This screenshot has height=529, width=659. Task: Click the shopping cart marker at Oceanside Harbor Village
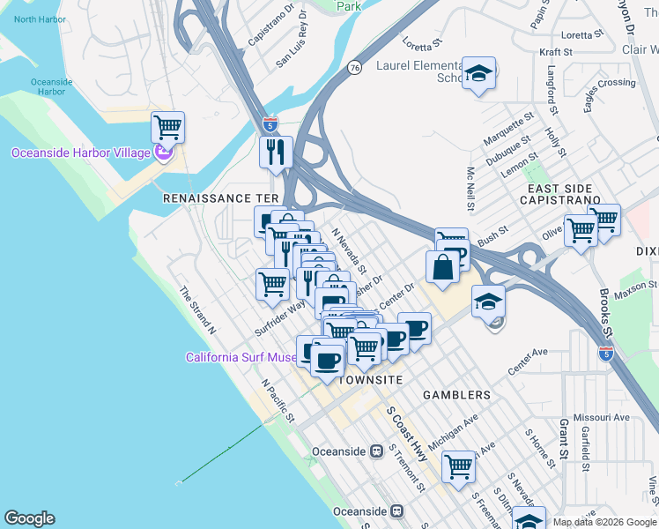point(167,128)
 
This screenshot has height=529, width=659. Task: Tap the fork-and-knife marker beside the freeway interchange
point(276,152)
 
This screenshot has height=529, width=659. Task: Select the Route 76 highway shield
point(353,67)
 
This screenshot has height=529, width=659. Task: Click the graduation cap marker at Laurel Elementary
point(478,75)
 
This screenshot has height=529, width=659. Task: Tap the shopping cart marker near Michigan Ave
point(459,466)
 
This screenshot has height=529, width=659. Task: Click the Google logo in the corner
point(29,518)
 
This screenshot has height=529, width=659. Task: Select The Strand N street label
point(198,310)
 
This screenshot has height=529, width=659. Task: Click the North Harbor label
point(39,19)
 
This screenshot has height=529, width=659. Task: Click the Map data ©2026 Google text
point(604,522)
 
